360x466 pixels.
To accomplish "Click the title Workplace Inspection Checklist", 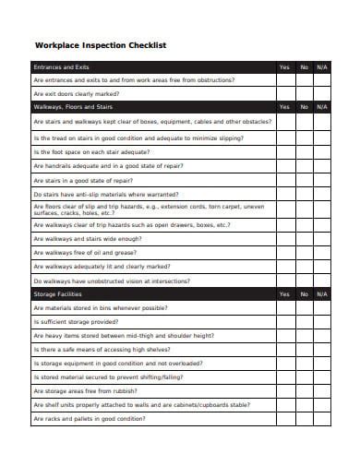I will (100, 43).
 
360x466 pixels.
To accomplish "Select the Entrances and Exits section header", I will (61, 67).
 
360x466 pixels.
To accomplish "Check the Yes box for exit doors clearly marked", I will (283, 94).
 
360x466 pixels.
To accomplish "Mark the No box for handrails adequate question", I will (303, 166).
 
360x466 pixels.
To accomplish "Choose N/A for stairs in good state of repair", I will (320, 180).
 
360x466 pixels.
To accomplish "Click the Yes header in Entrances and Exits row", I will (283, 67).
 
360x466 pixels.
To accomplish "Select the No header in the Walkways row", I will (303, 107).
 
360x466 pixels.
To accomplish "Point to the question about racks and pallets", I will (90, 418).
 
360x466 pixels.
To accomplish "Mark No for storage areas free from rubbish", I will (303, 390).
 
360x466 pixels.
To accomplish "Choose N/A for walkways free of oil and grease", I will (320, 251).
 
